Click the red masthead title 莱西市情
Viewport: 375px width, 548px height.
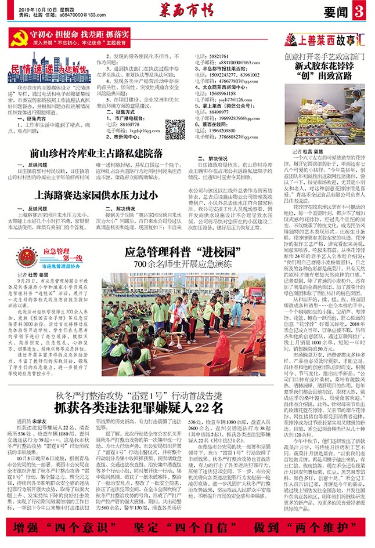click(187, 9)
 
